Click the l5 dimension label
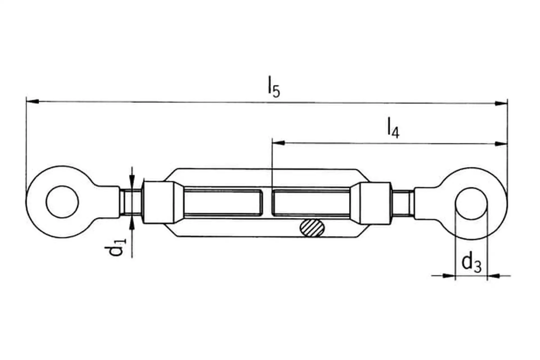[274, 87]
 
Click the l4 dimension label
[393, 128]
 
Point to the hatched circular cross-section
[312, 227]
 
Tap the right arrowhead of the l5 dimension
[501, 103]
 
